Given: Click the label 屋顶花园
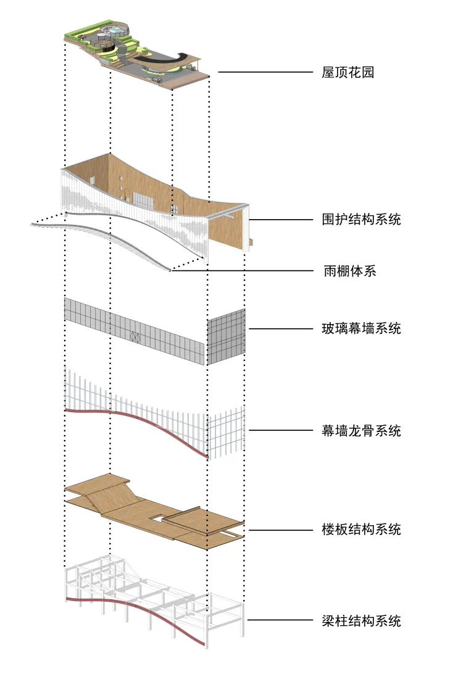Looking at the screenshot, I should click(x=348, y=73).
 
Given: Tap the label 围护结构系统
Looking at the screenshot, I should click(x=361, y=219).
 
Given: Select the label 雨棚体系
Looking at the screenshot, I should click(x=349, y=271).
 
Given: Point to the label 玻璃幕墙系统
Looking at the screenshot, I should click(x=361, y=328).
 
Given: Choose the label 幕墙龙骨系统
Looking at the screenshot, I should click(x=361, y=430).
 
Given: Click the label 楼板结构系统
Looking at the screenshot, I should click(x=361, y=530).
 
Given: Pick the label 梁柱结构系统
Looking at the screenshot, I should click(x=361, y=620).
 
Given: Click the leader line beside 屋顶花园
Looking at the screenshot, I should click(x=265, y=73).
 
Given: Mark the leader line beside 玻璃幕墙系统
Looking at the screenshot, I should click(x=281, y=328).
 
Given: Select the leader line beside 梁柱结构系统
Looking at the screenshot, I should click(x=281, y=620).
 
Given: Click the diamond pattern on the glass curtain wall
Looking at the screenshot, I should click(x=135, y=337).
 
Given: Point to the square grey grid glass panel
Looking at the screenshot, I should click(x=226, y=337).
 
